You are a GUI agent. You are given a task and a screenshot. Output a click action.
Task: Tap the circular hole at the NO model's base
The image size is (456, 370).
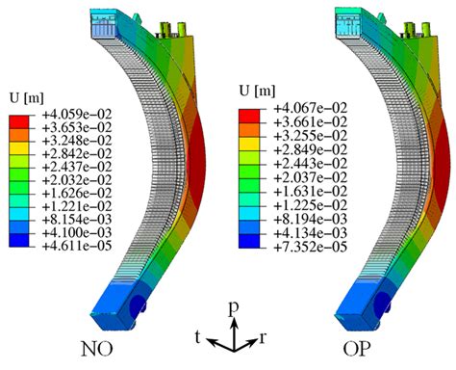pyautogui.click(x=139, y=306)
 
